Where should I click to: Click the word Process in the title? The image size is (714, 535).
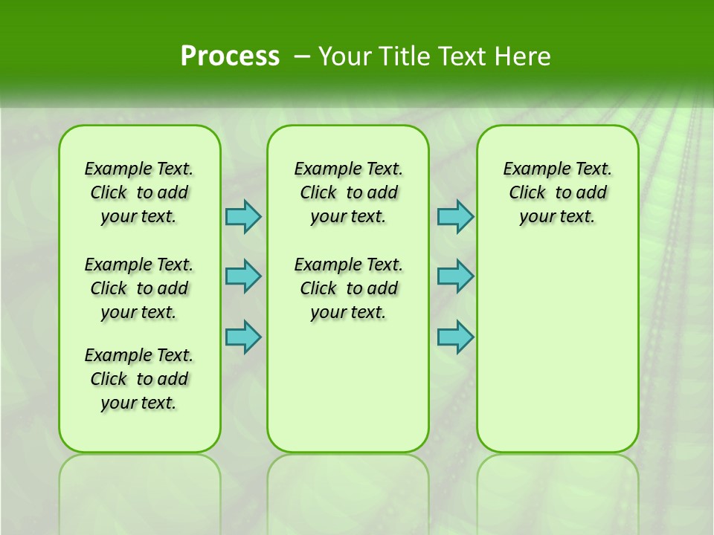pos(230,56)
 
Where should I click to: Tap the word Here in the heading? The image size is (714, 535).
pos(524,56)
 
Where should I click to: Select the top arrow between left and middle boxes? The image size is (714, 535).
pos(243,216)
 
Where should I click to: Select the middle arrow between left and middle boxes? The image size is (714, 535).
pos(243,276)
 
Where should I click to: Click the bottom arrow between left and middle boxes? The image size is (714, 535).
pos(243,337)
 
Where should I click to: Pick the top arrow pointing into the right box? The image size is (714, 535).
pos(455,216)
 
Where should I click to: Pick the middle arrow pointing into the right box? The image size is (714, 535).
pos(455,276)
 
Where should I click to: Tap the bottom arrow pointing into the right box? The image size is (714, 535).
pos(455,337)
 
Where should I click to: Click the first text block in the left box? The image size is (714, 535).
pos(139,192)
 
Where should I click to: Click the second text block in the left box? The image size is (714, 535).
pos(139,288)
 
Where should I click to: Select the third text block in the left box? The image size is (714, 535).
pos(139,379)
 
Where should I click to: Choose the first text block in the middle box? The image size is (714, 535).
pos(349,192)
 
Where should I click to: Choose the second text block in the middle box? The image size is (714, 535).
pos(349,288)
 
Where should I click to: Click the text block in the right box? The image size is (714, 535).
pos(558,192)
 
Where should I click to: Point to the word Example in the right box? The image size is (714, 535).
pos(531,169)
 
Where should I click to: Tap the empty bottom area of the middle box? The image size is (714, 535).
pos(348,394)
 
